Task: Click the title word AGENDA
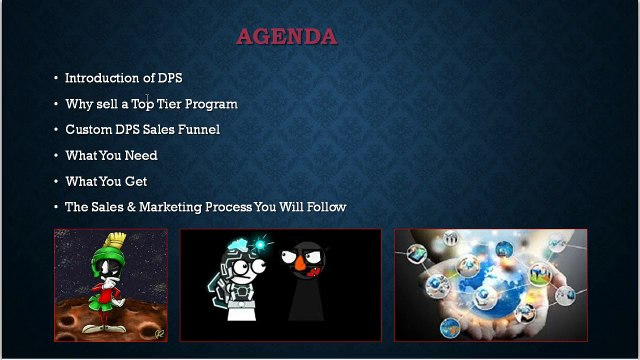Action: tap(286, 38)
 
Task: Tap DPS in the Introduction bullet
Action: tap(170, 78)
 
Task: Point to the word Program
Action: tap(212, 104)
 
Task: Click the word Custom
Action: tap(90, 130)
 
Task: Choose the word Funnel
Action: tap(196, 130)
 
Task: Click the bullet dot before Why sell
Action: tap(56, 104)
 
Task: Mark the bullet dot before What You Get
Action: tap(56, 182)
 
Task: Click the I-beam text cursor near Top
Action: tap(147, 98)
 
